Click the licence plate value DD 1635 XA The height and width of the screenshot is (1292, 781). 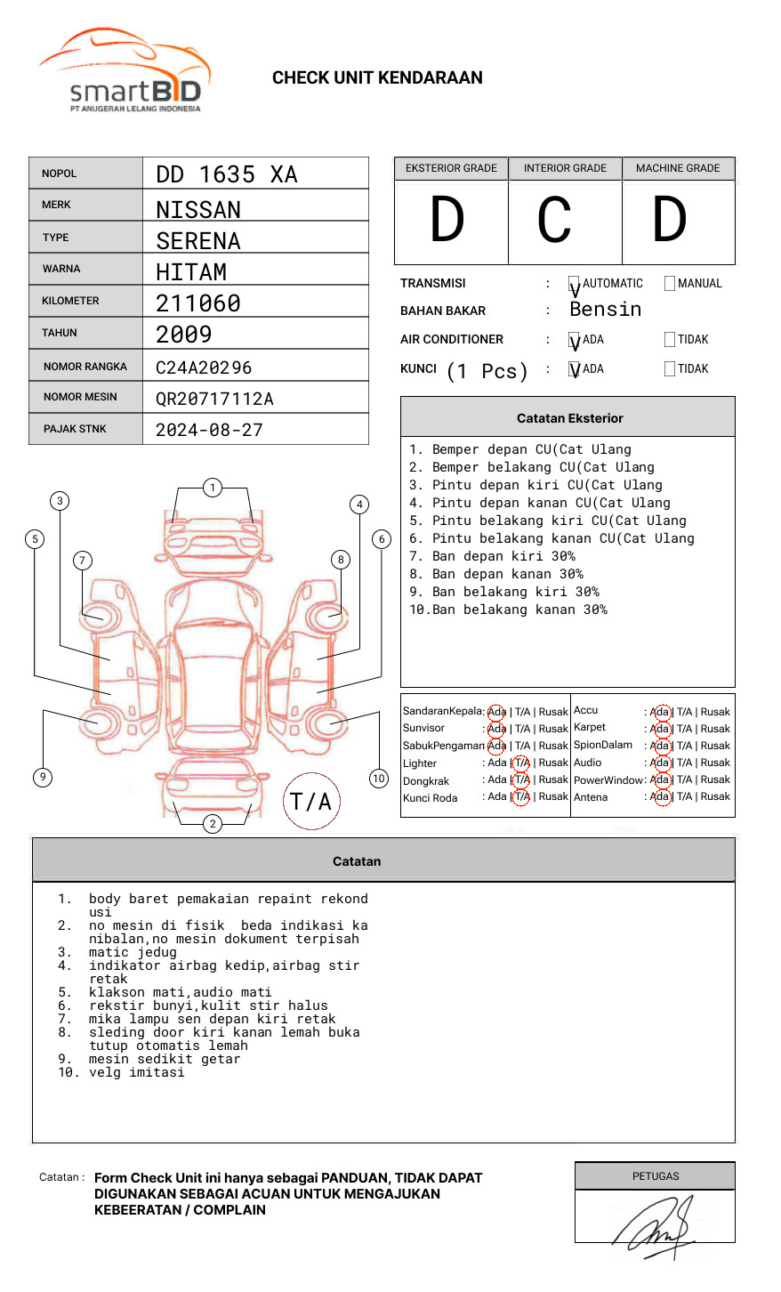(227, 174)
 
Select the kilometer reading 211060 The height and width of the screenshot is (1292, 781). (198, 303)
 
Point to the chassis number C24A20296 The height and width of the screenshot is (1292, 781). (204, 367)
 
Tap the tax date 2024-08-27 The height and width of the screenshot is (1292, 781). (209, 430)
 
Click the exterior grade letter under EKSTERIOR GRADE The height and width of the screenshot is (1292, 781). (447, 220)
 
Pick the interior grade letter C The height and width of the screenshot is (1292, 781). (554, 220)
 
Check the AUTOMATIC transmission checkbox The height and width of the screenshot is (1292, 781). (575, 284)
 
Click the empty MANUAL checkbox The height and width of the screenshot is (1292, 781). (670, 284)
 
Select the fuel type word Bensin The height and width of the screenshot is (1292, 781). (606, 310)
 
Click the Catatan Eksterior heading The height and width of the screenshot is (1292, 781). (569, 418)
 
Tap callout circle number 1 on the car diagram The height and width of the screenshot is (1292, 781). (212, 488)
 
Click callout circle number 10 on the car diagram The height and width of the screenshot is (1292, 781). (379, 779)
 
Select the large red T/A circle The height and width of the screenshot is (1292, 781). (311, 801)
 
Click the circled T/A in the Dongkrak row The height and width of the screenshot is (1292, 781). (521, 779)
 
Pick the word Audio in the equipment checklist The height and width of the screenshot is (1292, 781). (587, 763)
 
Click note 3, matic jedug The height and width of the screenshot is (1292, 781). (133, 952)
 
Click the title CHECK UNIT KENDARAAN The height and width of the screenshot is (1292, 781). (377, 78)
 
